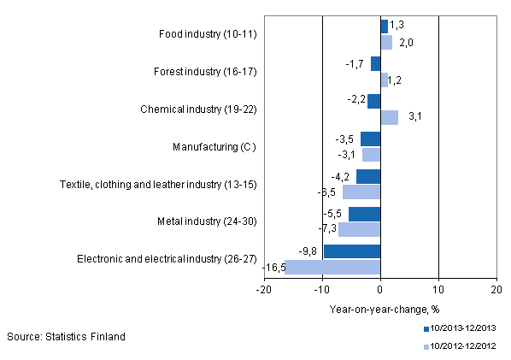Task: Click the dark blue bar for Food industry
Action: (384, 27)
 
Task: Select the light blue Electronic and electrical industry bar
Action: (332, 267)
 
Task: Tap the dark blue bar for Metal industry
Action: (364, 214)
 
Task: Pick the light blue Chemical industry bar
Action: (389, 117)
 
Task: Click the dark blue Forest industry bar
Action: (375, 63)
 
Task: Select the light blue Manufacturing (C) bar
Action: (371, 155)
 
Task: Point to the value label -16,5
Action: (273, 268)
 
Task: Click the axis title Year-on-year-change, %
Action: (380, 310)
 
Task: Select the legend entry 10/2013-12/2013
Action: (464, 328)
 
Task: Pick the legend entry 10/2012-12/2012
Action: (464, 345)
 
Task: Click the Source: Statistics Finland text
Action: (67, 336)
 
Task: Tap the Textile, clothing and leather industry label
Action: (158, 184)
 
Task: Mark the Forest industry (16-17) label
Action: (208, 72)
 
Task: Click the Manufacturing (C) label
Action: (214, 147)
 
